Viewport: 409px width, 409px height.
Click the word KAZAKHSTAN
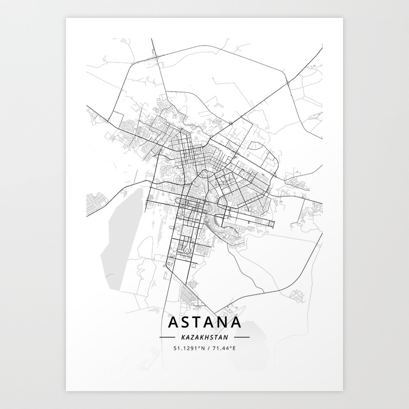pyautogui.click(x=204, y=337)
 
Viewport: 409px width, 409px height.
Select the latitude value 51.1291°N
pyautogui.click(x=188, y=348)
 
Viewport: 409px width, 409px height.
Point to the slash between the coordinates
pyautogui.click(x=208, y=348)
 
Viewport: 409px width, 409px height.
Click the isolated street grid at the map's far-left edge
pyautogui.click(x=96, y=204)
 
